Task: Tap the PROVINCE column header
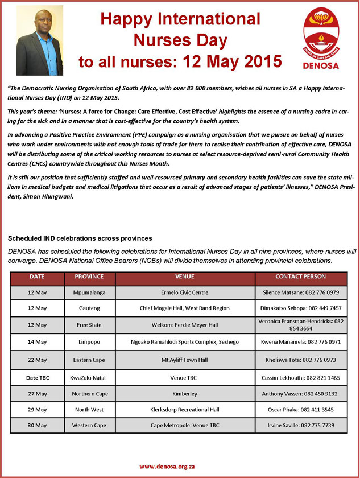(89, 277)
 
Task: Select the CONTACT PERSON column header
(300, 277)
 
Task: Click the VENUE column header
(185, 277)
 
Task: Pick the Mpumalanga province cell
(89, 292)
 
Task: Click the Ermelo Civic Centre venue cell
(185, 292)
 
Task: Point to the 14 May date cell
(38, 342)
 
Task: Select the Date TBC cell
(38, 377)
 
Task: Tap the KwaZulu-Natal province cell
(89, 377)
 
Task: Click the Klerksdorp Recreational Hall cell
(185, 409)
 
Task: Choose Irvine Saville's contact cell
(300, 425)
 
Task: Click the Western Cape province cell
(89, 425)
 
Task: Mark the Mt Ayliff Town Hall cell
(185, 360)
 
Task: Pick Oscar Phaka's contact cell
(300, 409)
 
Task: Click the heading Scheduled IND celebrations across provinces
(87, 237)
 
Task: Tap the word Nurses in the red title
(180, 40)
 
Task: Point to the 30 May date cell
(38, 425)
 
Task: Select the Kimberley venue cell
(185, 393)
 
